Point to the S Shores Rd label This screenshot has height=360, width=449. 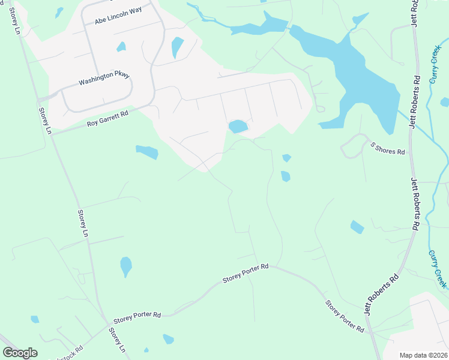[388, 148]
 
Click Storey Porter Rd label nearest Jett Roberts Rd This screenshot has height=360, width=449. [345, 316]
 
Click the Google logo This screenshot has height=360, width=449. [20, 352]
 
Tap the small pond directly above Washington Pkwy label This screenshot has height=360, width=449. [121, 47]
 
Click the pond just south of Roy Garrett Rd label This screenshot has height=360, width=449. [147, 152]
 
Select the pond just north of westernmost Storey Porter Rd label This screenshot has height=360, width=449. [125, 265]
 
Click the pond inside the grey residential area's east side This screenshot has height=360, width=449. [238, 126]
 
